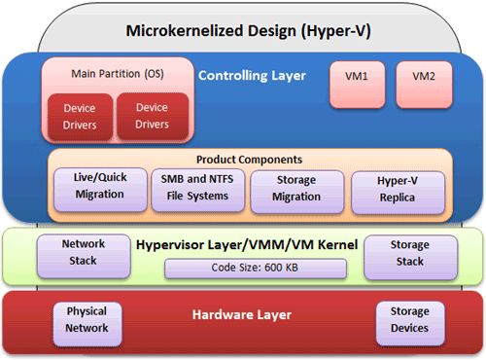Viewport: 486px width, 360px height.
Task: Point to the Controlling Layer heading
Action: point(252,75)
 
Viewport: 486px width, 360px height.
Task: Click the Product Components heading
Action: point(248,160)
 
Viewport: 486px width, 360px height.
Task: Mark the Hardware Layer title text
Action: point(242,315)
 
